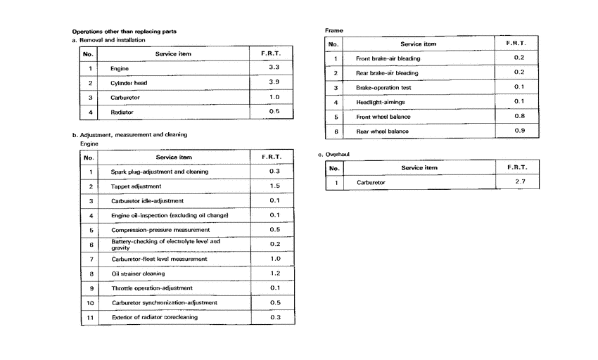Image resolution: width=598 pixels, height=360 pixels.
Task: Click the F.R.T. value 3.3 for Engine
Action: pos(274,67)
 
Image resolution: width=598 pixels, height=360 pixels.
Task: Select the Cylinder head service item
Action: pos(128,83)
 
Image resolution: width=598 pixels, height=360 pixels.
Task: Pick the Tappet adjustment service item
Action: pos(136,186)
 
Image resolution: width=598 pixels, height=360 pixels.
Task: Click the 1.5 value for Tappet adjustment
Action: pos(275,186)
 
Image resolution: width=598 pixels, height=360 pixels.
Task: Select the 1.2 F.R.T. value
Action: pos(275,274)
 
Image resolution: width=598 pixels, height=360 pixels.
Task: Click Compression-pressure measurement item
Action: pos(160,230)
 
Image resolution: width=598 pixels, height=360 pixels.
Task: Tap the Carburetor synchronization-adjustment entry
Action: pos(165,303)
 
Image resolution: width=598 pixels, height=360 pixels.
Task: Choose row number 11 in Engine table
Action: pos(89,317)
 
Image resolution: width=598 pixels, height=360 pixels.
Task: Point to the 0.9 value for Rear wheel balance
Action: pos(519,131)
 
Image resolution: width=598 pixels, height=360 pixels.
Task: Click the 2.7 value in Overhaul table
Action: pos(521,182)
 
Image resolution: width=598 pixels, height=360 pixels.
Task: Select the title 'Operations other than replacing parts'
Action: pos(125,32)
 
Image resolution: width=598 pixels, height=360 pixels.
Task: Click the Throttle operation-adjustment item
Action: pos(152,288)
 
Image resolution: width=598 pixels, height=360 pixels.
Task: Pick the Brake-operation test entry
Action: pos(383,88)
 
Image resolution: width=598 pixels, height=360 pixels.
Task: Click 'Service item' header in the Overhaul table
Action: pos(419,168)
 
